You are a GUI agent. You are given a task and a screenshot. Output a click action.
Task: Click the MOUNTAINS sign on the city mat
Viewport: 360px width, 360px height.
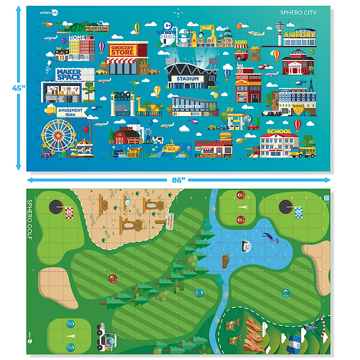click(97, 28)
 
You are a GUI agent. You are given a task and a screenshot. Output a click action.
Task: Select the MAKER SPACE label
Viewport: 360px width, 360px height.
click(69, 74)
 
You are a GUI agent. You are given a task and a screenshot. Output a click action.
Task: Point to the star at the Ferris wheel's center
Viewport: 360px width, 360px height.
click(57, 135)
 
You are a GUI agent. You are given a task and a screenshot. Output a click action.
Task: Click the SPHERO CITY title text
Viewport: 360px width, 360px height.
click(298, 13)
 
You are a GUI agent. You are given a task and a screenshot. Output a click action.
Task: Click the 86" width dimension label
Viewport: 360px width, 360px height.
click(179, 180)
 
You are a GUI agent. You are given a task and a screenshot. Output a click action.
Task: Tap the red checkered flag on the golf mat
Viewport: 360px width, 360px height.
click(69, 211)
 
